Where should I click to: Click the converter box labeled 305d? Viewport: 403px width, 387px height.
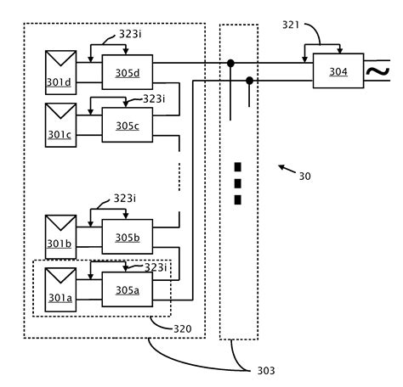point(127,72)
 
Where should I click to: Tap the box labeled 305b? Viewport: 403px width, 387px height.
point(127,237)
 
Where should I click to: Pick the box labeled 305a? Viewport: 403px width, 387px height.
point(127,289)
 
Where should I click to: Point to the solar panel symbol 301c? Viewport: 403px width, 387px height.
point(60,123)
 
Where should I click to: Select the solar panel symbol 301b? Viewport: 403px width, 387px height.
point(60,234)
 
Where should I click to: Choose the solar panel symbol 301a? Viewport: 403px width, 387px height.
point(60,287)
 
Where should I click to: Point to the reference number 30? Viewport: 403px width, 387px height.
point(304,177)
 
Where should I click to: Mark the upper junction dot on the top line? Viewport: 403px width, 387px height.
point(230,62)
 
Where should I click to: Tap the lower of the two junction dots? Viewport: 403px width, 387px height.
point(249,81)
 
